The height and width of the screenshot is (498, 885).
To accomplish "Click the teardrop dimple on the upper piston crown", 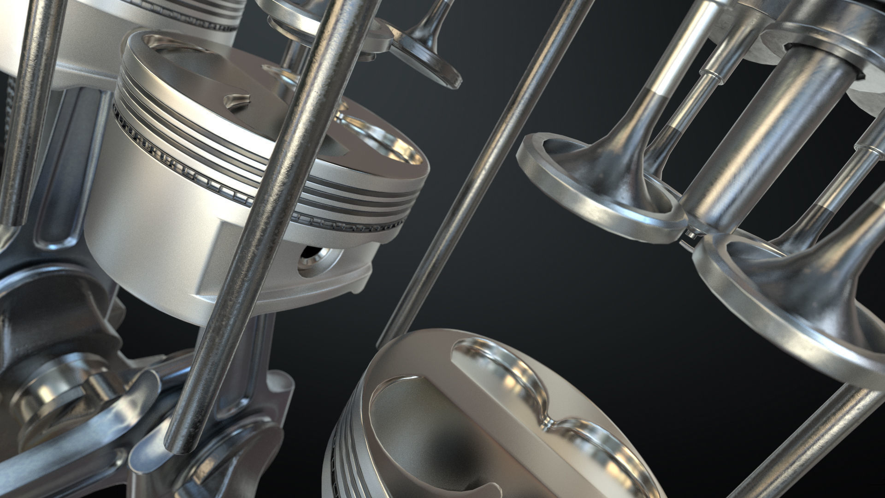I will pos(236,100).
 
